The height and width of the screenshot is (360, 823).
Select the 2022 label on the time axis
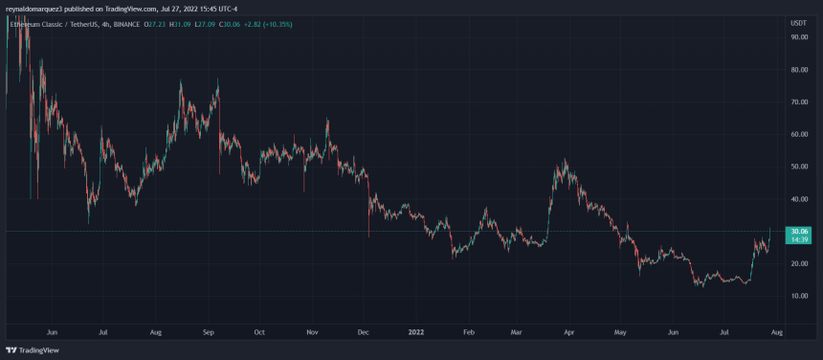415,331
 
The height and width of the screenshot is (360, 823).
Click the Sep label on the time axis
208,331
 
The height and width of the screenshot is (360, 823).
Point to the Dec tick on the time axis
363,331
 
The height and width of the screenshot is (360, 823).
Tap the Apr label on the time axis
569,331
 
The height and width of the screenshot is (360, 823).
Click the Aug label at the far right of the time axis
777,331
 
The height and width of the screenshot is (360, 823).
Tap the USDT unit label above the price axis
798,22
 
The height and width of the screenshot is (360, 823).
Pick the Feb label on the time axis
468,331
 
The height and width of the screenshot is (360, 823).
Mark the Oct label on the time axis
258,331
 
